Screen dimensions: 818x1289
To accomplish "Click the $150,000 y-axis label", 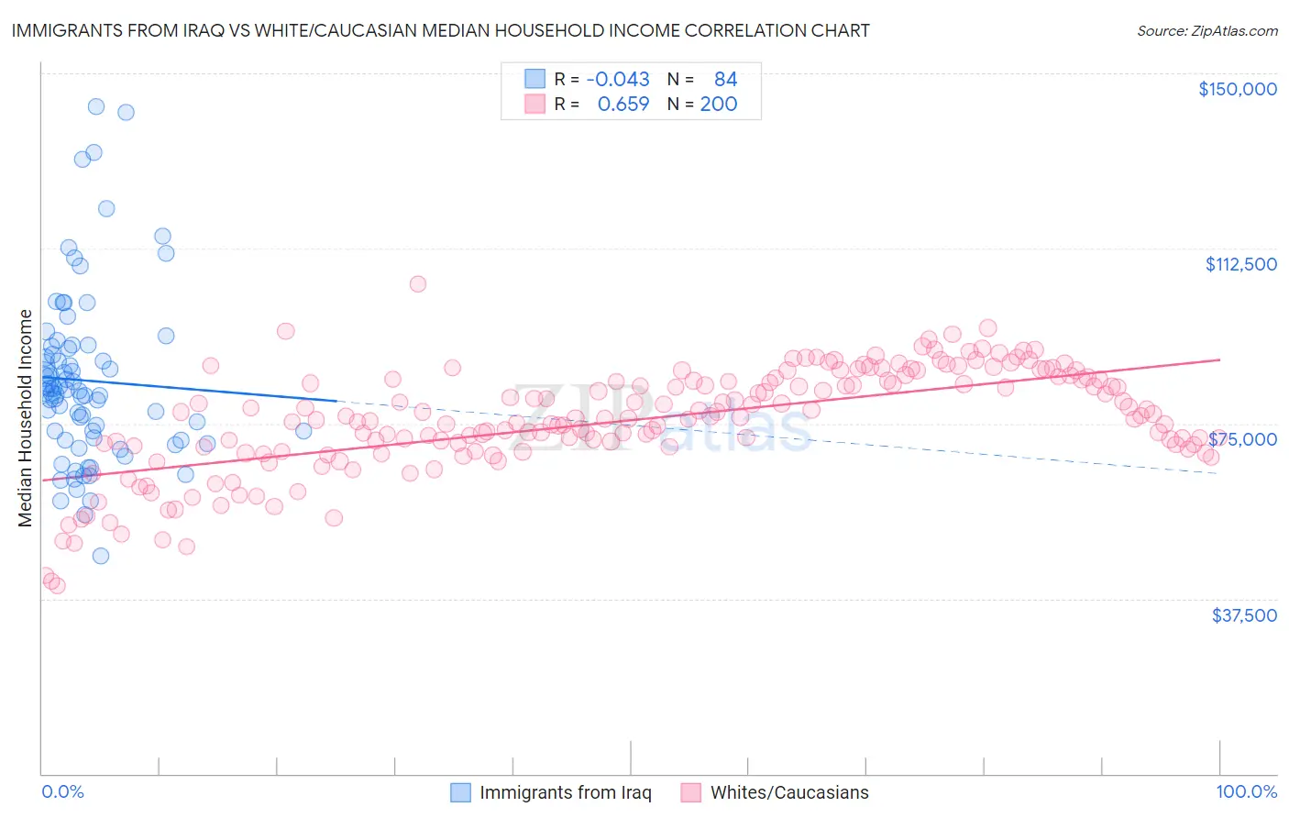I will click(x=1237, y=89).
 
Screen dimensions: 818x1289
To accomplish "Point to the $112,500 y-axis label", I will click(x=1240, y=264).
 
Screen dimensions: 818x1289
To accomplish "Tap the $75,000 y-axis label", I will click(x=1243, y=439).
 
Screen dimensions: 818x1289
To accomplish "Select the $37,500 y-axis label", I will click(x=1244, y=614).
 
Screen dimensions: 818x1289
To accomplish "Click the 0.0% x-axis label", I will click(x=62, y=791).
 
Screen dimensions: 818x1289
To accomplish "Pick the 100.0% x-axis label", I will click(x=1246, y=791).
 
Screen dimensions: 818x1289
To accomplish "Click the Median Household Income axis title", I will click(x=25, y=418).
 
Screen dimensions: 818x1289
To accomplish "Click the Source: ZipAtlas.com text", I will click(x=1206, y=30).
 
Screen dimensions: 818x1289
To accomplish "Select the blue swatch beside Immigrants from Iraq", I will click(x=460, y=792).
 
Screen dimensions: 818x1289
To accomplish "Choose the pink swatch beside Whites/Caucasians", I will click(x=691, y=792).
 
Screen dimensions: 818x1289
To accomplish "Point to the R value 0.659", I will click(x=622, y=104).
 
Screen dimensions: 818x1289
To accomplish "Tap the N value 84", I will click(x=725, y=79).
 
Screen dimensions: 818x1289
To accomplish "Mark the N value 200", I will click(x=719, y=104).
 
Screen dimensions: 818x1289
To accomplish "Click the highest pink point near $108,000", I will click(x=417, y=283).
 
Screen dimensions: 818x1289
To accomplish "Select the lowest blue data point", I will click(x=101, y=556).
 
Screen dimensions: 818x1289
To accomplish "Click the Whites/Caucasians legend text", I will click(x=789, y=792).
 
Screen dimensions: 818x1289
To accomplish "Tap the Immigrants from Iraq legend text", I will click(x=565, y=792).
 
